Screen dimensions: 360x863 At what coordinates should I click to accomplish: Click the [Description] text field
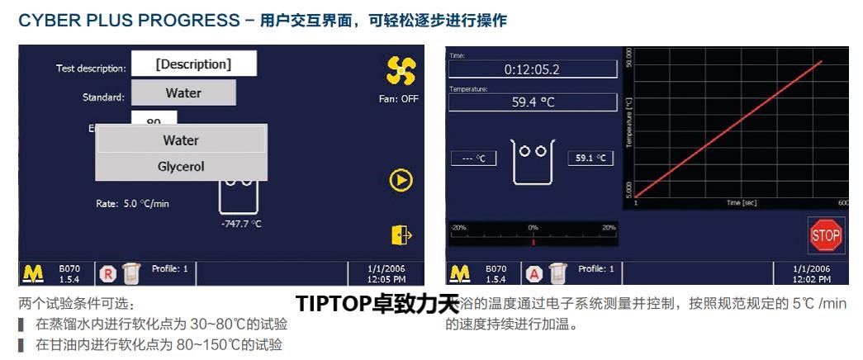click(x=194, y=64)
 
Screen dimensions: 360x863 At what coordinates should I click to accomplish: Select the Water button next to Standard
click(x=183, y=92)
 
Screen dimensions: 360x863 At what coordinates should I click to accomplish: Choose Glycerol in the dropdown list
click(x=181, y=167)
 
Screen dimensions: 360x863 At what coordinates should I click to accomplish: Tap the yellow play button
click(x=401, y=180)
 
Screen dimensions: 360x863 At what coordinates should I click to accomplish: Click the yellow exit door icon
click(x=401, y=235)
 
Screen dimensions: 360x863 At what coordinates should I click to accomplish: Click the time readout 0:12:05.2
click(x=532, y=69)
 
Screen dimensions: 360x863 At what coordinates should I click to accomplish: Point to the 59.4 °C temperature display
click(x=532, y=102)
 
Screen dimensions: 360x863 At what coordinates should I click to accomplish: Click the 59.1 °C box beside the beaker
click(x=590, y=158)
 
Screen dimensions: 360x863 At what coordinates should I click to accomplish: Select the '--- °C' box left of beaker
click(x=473, y=158)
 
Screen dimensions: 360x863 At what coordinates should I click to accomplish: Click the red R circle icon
click(x=107, y=273)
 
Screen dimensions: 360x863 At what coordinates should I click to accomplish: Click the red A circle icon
click(x=533, y=273)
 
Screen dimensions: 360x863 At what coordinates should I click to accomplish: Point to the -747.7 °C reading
click(x=241, y=224)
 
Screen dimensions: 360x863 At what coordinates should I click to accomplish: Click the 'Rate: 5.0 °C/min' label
click(x=133, y=203)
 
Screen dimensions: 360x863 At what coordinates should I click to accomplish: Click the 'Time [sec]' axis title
click(x=741, y=202)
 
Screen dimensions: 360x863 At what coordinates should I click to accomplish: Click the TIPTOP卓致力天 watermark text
click(x=377, y=304)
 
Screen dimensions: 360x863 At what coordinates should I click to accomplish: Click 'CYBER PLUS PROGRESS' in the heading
click(x=120, y=21)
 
